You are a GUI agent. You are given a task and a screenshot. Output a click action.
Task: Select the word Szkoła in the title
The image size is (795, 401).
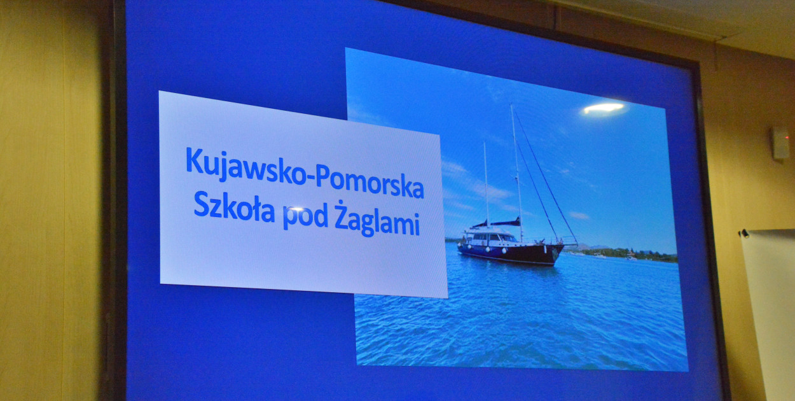pos(234,205)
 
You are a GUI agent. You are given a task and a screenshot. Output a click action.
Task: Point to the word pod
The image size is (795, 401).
pos(305,216)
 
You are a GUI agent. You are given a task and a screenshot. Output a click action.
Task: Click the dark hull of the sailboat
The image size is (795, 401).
pos(509,253)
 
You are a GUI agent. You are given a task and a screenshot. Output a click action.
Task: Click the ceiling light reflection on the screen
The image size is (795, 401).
pos(604,108)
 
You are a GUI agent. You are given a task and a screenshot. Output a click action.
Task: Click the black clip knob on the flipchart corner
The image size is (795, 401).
pos(742,233)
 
